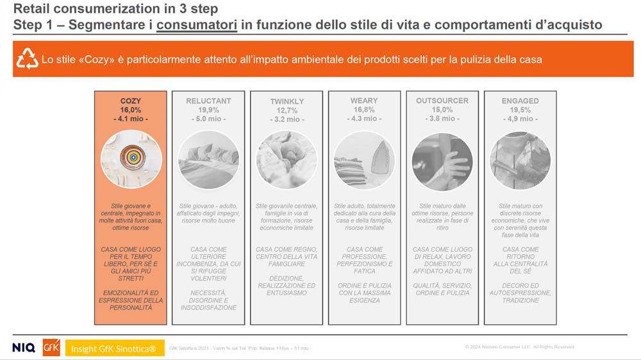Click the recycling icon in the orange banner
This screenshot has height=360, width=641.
tap(28, 59)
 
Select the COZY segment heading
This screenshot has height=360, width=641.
tap(131, 101)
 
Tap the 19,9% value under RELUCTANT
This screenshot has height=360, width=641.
tap(208, 110)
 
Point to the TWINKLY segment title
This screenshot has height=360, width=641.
tap(287, 102)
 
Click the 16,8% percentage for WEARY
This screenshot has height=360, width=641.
tap(364, 110)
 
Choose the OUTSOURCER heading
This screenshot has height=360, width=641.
tap(442, 101)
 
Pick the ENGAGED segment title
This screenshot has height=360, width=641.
tap(520, 101)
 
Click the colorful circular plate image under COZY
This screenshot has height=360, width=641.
tap(131, 159)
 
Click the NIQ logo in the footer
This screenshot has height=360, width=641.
tap(24, 348)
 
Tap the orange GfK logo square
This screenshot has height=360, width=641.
tap(51, 347)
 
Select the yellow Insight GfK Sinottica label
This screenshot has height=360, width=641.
tap(113, 348)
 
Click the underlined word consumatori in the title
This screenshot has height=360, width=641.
tap(197, 25)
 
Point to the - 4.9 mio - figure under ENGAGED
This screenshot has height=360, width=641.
tap(520, 119)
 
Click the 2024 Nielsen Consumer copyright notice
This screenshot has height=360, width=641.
tap(520, 347)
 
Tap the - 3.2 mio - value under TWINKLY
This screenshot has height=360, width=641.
tap(287, 119)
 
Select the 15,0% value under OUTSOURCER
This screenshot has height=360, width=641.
tap(442, 110)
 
